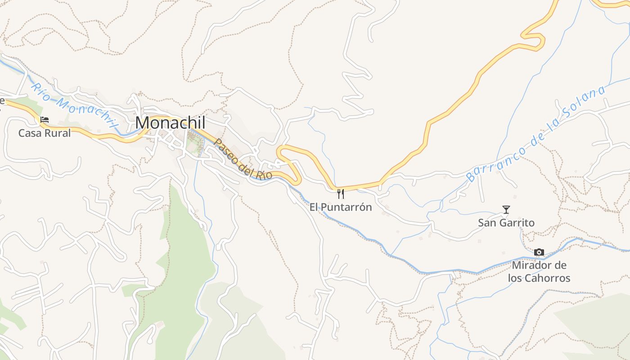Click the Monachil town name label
click(170, 122)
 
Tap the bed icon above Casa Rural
click(45, 120)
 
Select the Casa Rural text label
click(45, 133)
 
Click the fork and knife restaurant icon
click(341, 194)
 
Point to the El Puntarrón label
click(341, 207)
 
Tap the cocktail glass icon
click(506, 210)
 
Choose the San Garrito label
click(506, 223)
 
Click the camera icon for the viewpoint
click(539, 252)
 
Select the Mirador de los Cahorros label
click(539, 272)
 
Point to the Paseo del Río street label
click(243, 160)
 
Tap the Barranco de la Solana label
click(535, 134)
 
